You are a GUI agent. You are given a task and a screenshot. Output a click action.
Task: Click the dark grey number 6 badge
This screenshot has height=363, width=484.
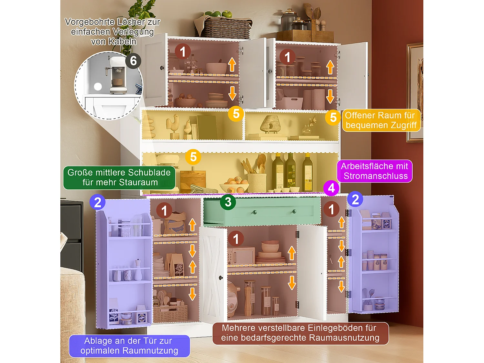tap(133, 61)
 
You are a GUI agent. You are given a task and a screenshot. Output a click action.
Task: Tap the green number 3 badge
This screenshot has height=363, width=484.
tap(228, 202)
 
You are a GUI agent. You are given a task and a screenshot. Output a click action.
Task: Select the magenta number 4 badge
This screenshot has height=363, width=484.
tap(331, 188)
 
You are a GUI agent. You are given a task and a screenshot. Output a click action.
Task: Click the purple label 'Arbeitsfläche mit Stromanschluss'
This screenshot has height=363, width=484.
tap(375, 171)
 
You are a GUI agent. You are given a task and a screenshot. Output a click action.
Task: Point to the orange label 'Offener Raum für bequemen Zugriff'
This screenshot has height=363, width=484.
tap(381, 120)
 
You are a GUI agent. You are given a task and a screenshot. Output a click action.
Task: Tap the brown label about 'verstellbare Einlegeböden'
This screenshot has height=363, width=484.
tap(300, 333)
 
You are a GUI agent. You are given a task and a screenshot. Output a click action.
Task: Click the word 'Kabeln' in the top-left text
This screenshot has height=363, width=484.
tap(114, 41)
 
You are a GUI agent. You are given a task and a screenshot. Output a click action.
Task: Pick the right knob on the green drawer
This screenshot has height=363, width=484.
tap(294, 212)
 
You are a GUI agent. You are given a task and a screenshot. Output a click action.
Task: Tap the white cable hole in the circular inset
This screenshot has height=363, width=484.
tap(98, 86)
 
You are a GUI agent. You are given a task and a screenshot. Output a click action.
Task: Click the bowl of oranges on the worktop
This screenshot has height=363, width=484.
tap(235, 185)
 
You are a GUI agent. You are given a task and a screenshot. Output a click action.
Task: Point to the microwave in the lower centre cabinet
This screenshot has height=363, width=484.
tap(241, 256)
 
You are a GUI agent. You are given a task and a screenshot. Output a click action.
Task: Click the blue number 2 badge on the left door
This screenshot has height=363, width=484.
tap(97, 202)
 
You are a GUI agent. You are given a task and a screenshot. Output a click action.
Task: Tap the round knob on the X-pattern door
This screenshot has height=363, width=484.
tap(221, 278)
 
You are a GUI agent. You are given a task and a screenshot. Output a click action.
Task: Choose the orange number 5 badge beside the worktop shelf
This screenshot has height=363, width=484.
tap(193, 157)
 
